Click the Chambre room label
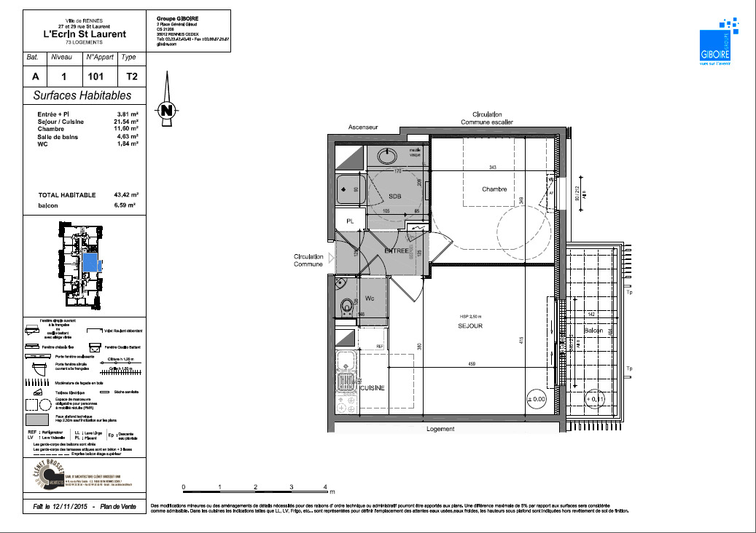click(494, 189)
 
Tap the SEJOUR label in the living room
click(470, 325)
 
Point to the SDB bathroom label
click(394, 197)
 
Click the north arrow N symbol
click(168, 111)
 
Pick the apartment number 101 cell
click(95, 76)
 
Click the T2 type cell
click(130, 76)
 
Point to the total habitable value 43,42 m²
click(128, 195)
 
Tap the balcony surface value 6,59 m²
click(128, 206)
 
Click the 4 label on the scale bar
click(326, 486)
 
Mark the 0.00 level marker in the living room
click(535, 399)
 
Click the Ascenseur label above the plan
click(363, 127)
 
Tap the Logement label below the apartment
click(440, 429)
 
